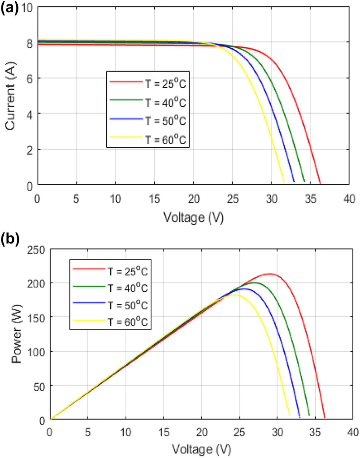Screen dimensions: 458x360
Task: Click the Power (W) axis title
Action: (17, 334)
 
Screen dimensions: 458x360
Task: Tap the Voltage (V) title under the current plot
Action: (193, 218)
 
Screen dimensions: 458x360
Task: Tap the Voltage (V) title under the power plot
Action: (202, 449)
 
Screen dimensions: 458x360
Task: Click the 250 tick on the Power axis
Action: (37, 250)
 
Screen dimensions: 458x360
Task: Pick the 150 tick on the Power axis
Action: (37, 317)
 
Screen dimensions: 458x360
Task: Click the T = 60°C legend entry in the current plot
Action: (148, 140)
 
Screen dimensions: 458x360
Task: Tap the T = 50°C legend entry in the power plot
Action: (110, 305)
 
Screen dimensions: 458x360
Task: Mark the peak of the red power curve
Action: (271, 273)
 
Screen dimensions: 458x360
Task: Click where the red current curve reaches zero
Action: (320, 183)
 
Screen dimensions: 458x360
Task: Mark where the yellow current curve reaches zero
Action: (284, 183)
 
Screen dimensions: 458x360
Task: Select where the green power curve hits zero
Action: (309, 416)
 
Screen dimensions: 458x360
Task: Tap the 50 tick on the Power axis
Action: (39, 386)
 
